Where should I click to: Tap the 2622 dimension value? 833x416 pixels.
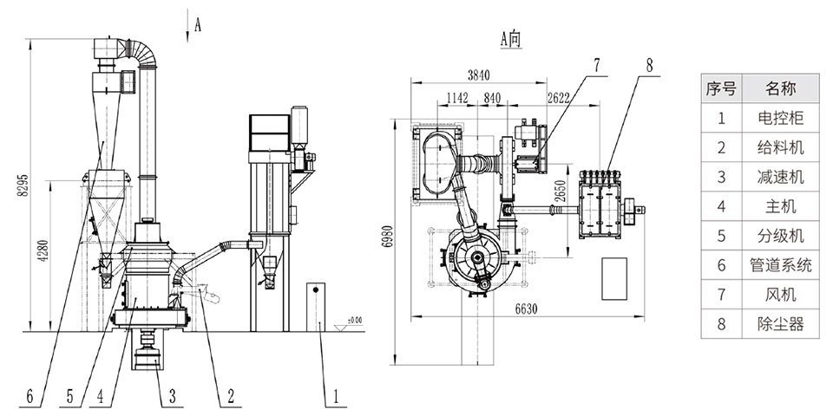point(558,98)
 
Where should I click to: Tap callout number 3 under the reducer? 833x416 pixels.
point(172,398)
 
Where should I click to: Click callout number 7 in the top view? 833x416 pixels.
point(596,63)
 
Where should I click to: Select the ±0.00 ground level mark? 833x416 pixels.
point(353,319)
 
